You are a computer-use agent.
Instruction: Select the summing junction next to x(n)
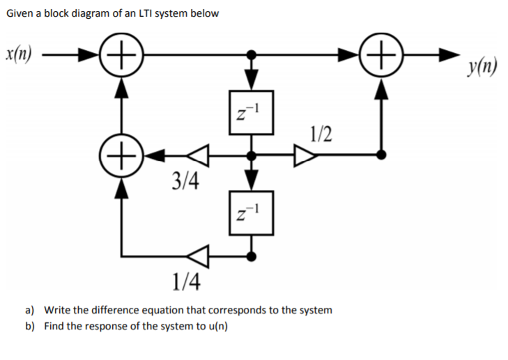pos(123,54)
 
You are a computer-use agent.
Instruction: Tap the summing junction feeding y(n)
pos(381,54)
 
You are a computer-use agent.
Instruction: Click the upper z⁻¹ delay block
pos(252,111)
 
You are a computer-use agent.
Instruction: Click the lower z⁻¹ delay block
pos(252,210)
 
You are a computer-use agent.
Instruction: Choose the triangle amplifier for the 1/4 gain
pos(199,256)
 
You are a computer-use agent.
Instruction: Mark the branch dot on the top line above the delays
pos(252,54)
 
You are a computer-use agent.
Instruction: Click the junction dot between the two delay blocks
pos(252,155)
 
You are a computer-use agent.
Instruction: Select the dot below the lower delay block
pos(252,256)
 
